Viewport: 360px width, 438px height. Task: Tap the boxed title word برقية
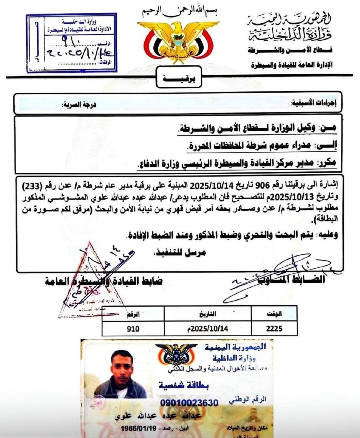coord(179,79)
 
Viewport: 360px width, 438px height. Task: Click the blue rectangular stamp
coord(71,43)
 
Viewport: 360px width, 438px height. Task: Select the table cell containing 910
coord(133,329)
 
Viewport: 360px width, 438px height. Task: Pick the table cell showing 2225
coord(274,329)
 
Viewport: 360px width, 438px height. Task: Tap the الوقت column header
coord(274,314)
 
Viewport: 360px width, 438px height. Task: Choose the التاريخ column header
coord(208,314)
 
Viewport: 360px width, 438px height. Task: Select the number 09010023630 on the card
coord(189,403)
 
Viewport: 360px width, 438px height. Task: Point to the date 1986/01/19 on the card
coord(139,428)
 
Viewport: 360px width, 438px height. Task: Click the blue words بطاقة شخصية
coord(184,385)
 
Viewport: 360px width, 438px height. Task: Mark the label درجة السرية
coord(79,105)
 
